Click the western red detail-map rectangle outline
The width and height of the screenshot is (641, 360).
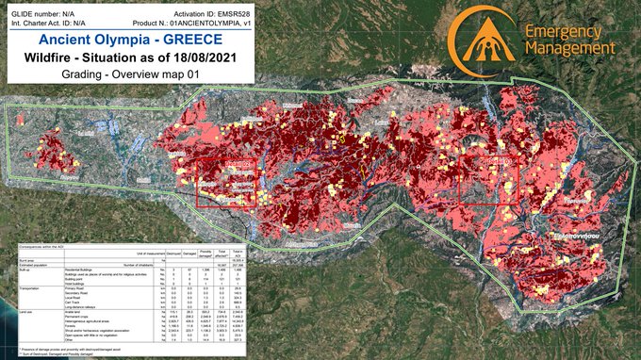tap(225, 181)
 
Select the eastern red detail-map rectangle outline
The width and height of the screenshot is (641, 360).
tap(487, 178)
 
